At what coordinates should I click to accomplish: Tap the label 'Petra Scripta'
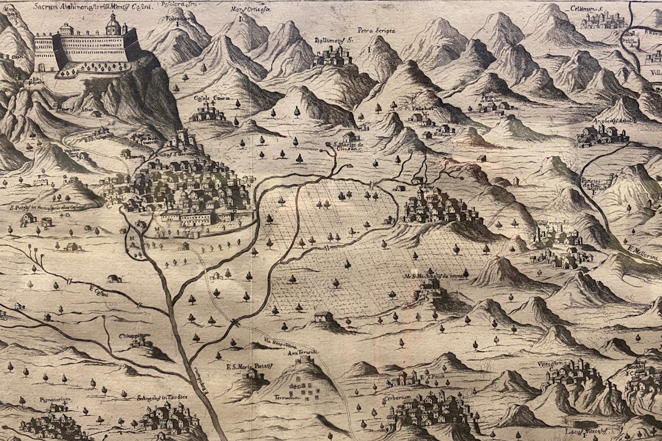(376, 30)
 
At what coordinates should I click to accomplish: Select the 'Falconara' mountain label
(177, 18)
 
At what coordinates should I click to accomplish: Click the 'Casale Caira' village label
(211, 98)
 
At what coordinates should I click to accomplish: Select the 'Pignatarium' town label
(55, 399)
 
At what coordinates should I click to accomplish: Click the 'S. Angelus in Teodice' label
(162, 397)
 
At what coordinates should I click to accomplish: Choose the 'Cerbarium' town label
(397, 397)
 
